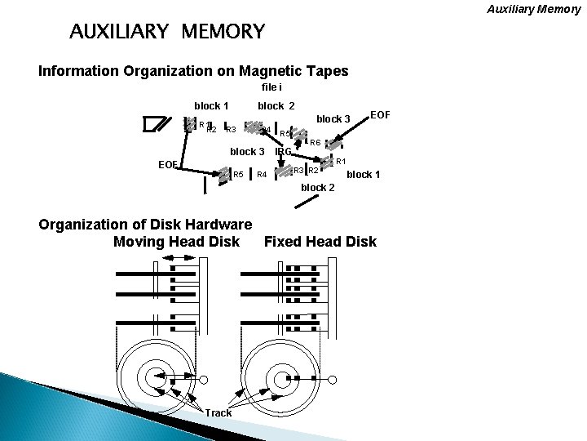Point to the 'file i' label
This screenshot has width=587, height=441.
pos(272,87)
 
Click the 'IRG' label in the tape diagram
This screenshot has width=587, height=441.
pos(284,152)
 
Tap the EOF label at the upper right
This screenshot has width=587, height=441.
pos(381,114)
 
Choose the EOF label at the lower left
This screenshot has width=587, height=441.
pos(168,164)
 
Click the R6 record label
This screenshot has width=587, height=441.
pos(315,143)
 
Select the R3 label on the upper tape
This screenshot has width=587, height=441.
pos(231,130)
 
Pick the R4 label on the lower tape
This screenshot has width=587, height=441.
pos(262,175)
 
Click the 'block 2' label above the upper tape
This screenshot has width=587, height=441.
pos(276,105)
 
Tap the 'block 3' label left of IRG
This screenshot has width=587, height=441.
pos(247,152)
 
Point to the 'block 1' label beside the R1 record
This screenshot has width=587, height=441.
pos(364,175)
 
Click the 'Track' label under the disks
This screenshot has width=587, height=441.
pos(218,412)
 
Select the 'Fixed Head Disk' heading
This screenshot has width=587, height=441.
pos(320,241)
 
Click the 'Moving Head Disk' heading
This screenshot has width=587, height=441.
pos(176,241)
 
